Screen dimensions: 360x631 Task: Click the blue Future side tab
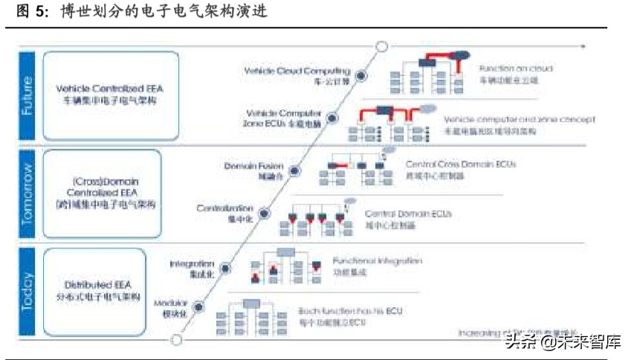tap(27, 95)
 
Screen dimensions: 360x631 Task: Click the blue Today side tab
tap(27, 292)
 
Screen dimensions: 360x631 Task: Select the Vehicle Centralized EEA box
tap(111, 95)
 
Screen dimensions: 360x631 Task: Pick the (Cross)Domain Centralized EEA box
tap(103, 193)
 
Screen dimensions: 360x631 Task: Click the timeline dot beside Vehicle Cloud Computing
tap(362, 74)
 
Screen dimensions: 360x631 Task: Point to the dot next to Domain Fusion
tap(294, 170)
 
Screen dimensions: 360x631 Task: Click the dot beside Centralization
tap(264, 213)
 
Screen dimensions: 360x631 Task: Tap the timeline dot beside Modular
tap(198, 308)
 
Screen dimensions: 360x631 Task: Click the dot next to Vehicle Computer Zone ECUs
tap(333, 118)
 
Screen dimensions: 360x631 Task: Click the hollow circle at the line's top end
tap(381, 47)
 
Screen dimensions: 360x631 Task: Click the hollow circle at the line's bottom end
tap(176, 340)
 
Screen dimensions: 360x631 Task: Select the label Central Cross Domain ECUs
tap(460, 164)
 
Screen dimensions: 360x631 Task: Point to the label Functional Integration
tap(377, 261)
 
